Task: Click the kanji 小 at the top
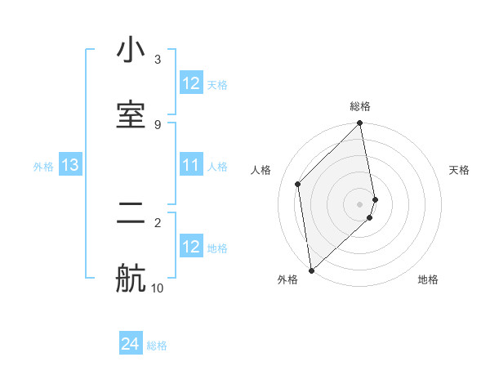point(131,51)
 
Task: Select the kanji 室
point(131,114)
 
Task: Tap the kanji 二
point(131,215)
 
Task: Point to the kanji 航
point(131,279)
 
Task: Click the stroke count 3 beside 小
point(158,60)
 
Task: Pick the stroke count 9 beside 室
point(158,124)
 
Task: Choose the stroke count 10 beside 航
point(158,288)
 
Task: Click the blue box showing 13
point(70,166)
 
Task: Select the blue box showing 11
point(191,166)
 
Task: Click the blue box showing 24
point(131,345)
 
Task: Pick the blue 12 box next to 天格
point(191,83)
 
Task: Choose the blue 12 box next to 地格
point(191,247)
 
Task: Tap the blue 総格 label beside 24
point(157,346)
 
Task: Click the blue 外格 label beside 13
point(43,167)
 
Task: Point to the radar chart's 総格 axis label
point(360,106)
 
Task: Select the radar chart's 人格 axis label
point(261,170)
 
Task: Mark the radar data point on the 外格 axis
point(311,270)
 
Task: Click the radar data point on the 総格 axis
point(360,124)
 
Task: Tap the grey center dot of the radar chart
point(360,203)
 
